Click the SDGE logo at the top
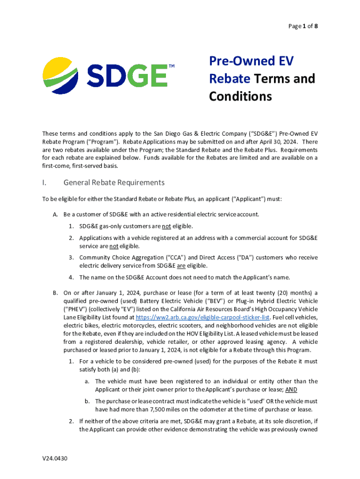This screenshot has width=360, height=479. click(105, 76)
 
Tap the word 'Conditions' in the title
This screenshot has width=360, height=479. click(240, 96)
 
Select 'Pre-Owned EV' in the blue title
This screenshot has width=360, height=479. click(251, 61)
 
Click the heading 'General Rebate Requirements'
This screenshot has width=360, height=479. click(114, 182)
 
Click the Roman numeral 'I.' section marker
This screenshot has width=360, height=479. click(44, 182)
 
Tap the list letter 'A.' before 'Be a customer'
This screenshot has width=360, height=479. click(55, 214)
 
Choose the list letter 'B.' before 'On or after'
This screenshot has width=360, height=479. click(55, 293)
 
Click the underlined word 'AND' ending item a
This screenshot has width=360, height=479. click(291, 389)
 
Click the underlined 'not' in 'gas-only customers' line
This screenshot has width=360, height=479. click(166, 226)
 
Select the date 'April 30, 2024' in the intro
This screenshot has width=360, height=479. click(280, 141)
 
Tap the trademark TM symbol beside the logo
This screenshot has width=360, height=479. click(171, 66)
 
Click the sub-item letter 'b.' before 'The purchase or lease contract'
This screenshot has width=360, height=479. click(87, 401)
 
